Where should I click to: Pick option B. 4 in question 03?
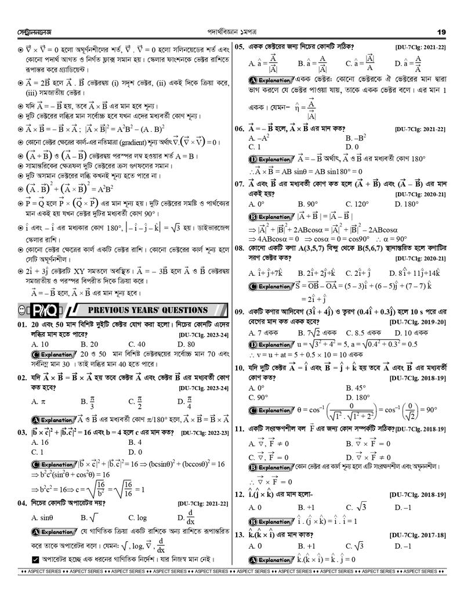(135, 442)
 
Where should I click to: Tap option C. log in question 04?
(137, 517)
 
